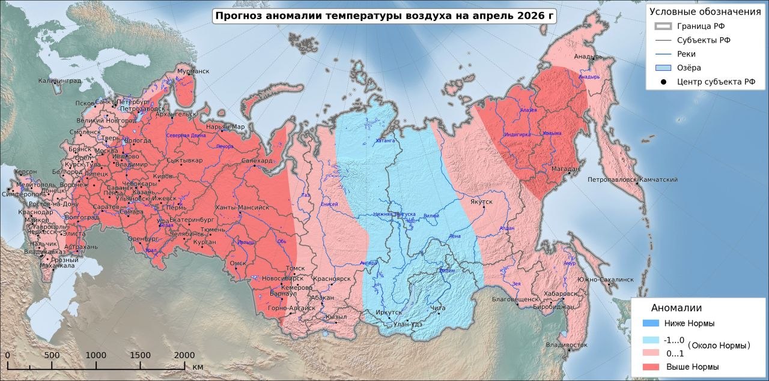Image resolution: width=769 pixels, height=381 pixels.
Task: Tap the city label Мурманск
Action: pyautogui.click(x=193, y=71)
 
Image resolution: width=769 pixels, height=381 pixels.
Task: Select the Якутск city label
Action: pyautogui.click(x=481, y=202)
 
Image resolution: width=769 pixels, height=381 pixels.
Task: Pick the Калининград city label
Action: pyautogui.click(x=59, y=80)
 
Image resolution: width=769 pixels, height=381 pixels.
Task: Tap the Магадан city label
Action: pyautogui.click(x=564, y=169)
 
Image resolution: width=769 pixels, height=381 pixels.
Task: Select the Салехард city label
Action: pyautogui.click(x=257, y=161)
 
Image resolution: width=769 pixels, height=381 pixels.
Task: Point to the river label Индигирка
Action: pyautogui.click(x=517, y=135)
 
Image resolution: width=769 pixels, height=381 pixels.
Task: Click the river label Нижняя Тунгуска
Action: pyautogui.click(x=394, y=214)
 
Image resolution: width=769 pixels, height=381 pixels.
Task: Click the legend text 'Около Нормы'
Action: pyautogui.click(x=719, y=346)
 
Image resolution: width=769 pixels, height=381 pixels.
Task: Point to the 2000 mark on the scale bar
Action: pyautogui.click(x=184, y=355)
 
